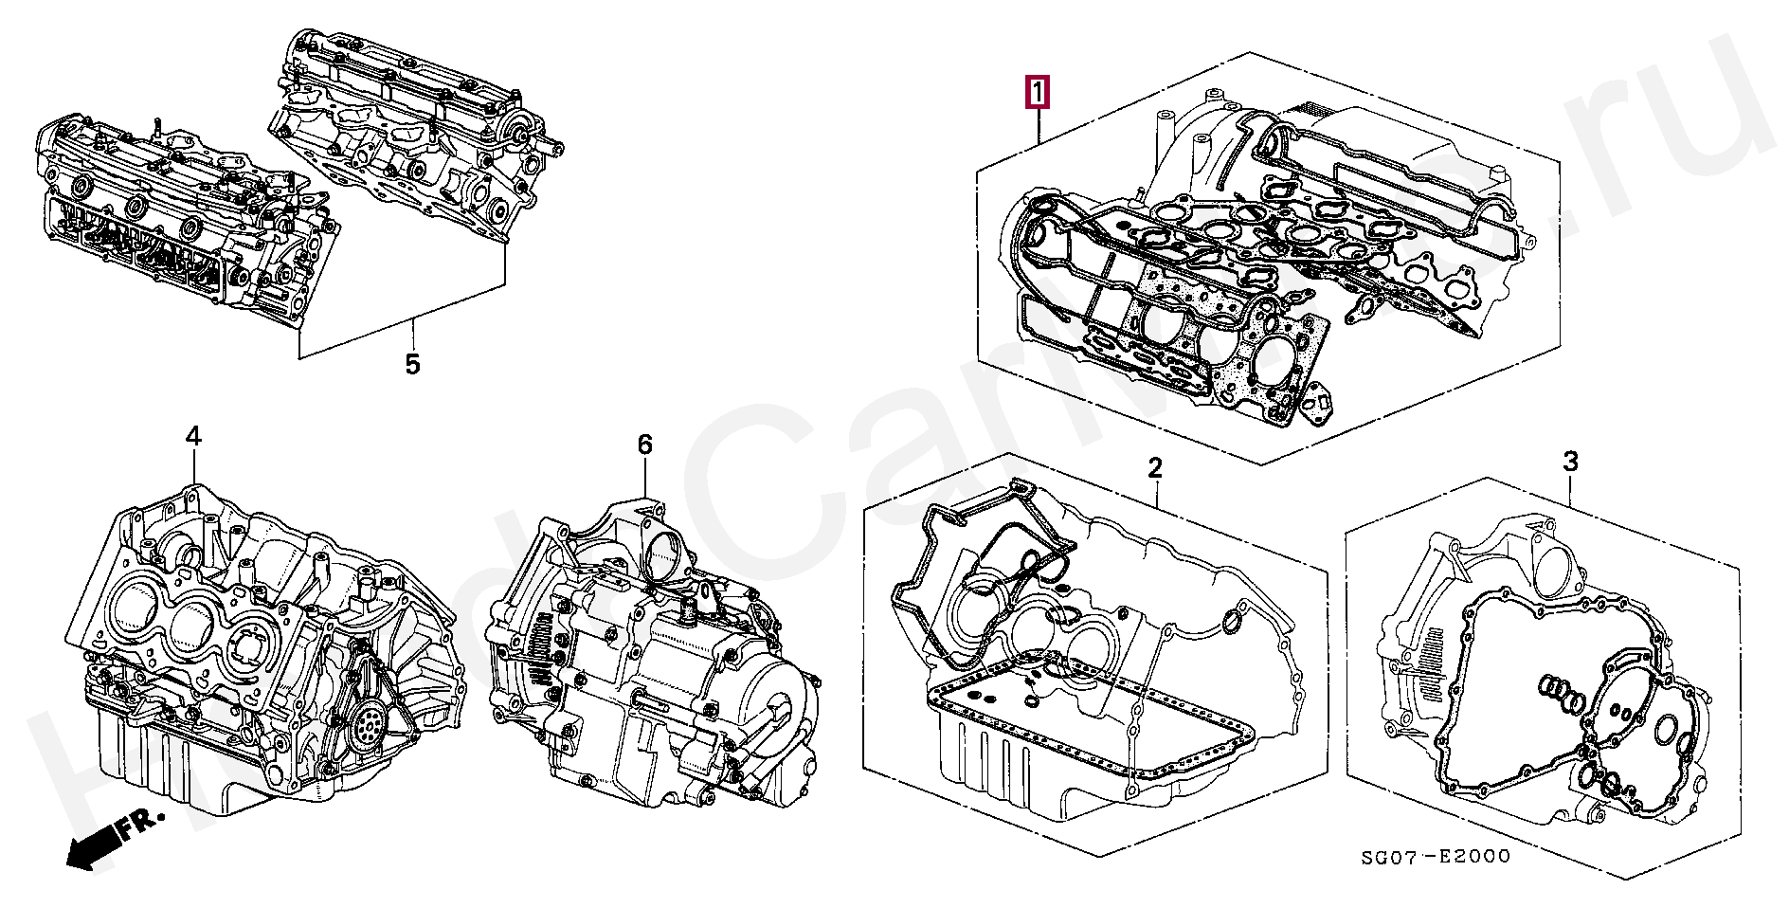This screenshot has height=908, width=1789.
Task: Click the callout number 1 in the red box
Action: [1038, 94]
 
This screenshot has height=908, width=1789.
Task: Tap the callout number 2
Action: [1154, 467]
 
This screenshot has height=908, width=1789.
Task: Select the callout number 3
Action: [1570, 463]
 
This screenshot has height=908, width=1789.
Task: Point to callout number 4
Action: [193, 437]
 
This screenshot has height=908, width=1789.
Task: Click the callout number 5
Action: [412, 364]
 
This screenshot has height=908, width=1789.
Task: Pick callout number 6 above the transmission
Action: [644, 445]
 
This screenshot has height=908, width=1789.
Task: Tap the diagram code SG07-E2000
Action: [1435, 857]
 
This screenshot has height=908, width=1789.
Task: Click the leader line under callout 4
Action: [193, 468]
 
